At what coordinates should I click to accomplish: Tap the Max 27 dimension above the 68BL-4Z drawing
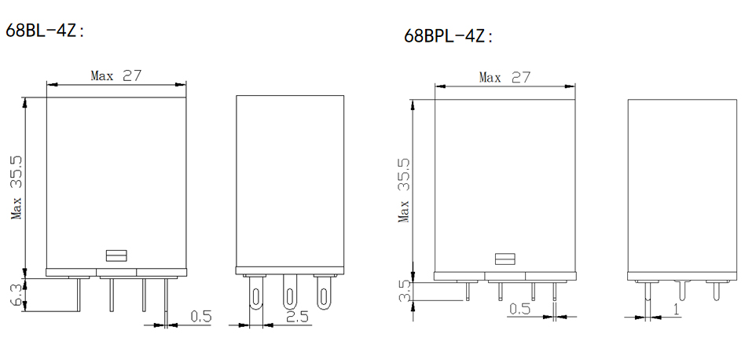(116, 75)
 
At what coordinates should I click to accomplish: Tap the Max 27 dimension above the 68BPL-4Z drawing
(504, 77)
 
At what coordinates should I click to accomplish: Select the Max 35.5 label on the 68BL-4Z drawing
(17, 188)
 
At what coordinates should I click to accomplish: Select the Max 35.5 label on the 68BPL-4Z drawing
(404, 191)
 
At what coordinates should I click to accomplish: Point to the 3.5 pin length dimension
(404, 291)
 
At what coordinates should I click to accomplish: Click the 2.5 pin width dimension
(297, 316)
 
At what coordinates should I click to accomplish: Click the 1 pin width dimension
(676, 309)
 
